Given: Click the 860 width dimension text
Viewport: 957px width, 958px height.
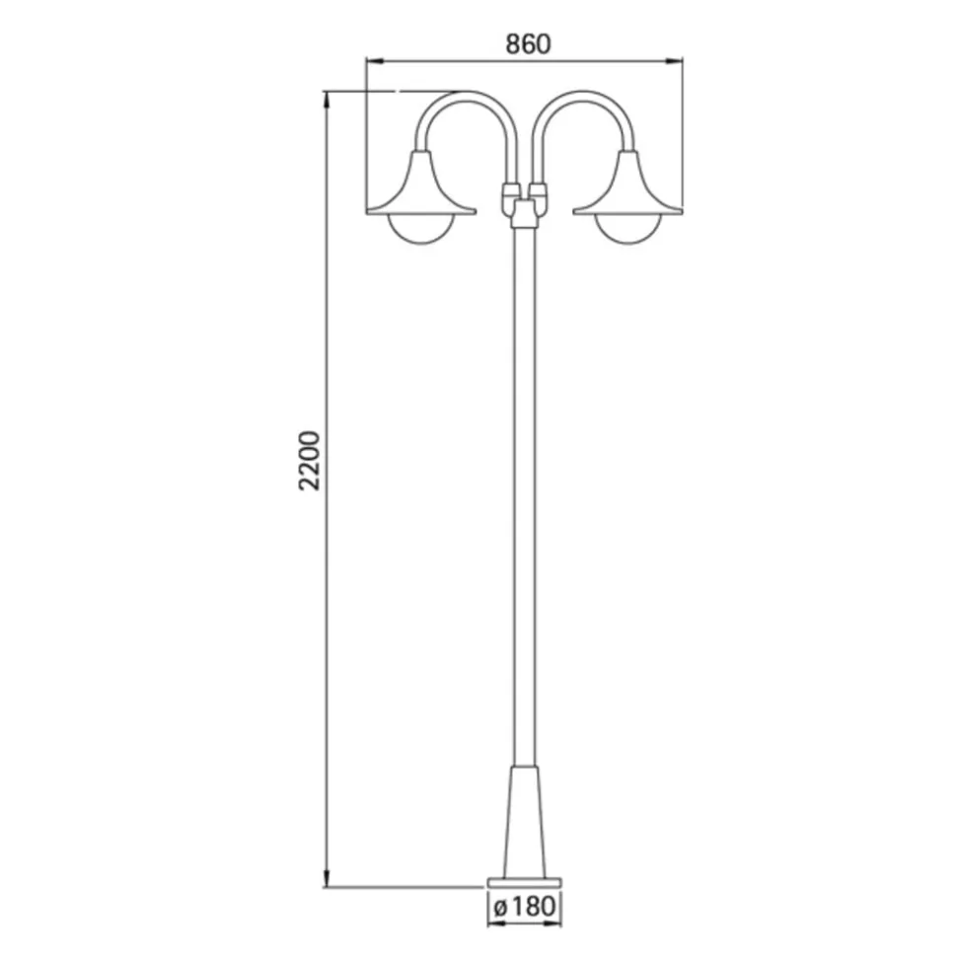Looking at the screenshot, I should pyautogui.click(x=526, y=43).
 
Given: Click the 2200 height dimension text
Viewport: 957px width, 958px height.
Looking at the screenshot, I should pyautogui.click(x=310, y=460).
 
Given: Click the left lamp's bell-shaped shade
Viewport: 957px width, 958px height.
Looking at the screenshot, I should pyautogui.click(x=421, y=187).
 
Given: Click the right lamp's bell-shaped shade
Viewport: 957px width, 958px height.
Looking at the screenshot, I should pyautogui.click(x=627, y=187).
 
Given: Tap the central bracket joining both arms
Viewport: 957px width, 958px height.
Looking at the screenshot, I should pyautogui.click(x=524, y=208).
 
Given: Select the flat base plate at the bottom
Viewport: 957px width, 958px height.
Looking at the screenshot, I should pyautogui.click(x=524, y=879).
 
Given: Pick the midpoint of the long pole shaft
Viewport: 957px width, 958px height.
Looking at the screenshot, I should pyautogui.click(x=524, y=493).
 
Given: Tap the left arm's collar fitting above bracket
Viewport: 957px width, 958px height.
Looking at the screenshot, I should pyautogui.click(x=511, y=187).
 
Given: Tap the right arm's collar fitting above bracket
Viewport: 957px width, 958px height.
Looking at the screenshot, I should pyautogui.click(x=538, y=187).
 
